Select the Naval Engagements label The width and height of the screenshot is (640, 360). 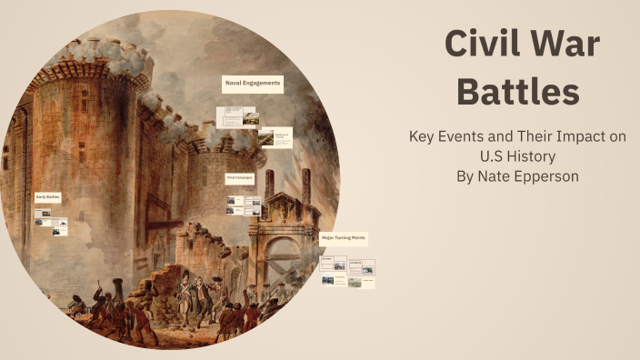[252, 84]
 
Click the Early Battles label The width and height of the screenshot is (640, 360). [47, 197]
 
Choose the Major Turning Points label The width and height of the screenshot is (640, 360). [344, 238]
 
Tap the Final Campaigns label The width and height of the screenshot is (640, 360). [240, 178]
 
